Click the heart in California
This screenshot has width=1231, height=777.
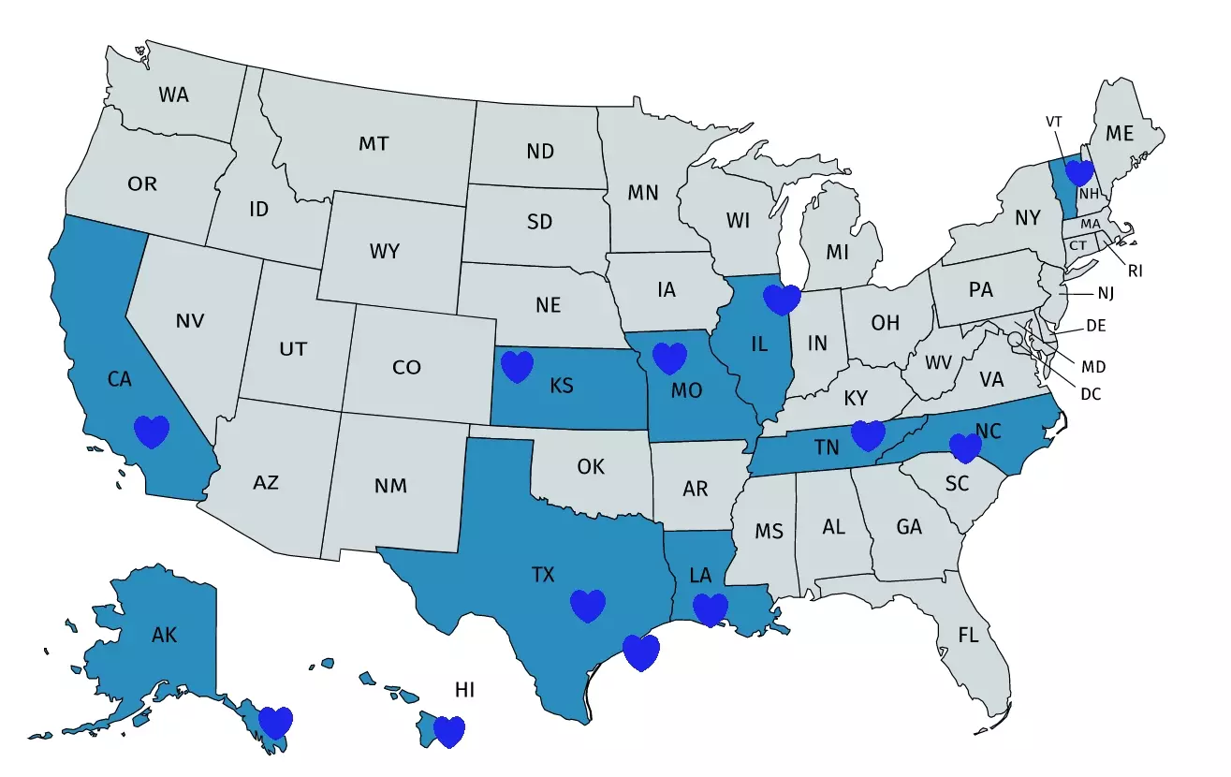click(x=151, y=432)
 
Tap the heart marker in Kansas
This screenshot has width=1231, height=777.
click(x=517, y=366)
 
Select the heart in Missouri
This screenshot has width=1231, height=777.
click(x=669, y=358)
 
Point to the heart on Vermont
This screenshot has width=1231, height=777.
click(x=1079, y=172)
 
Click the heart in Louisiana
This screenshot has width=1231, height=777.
click(x=710, y=609)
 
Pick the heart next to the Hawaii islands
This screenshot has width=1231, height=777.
click(x=449, y=731)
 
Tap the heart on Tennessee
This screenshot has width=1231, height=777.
click(x=868, y=435)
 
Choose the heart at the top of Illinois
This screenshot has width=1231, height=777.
click(x=783, y=300)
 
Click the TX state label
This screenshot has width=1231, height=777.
click(x=543, y=575)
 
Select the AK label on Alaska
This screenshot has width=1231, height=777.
click(x=164, y=636)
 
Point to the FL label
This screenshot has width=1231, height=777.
click(x=968, y=636)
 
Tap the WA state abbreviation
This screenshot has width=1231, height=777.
click(x=173, y=95)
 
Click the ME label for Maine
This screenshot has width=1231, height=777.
click(x=1120, y=134)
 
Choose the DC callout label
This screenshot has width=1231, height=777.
click(x=1091, y=394)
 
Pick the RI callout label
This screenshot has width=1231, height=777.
click(x=1135, y=271)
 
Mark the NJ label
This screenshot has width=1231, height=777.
click(x=1106, y=293)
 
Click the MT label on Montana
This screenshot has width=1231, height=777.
click(x=374, y=144)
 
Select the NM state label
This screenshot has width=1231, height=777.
click(x=390, y=486)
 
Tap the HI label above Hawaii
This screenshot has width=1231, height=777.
click(x=465, y=690)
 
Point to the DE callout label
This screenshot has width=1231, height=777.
click(x=1096, y=327)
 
